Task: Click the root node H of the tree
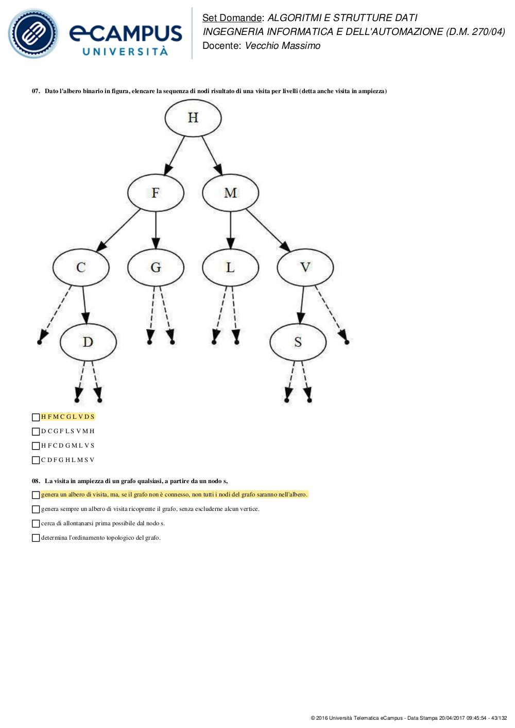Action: click(x=193, y=118)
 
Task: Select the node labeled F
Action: click(x=156, y=193)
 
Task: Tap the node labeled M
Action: click(x=230, y=193)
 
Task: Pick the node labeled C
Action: click(x=81, y=268)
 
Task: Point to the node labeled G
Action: click(x=156, y=268)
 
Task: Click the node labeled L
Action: click(x=230, y=268)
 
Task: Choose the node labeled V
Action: click(x=305, y=268)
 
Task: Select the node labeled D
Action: click(x=88, y=342)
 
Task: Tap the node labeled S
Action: click(x=298, y=342)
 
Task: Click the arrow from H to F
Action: click(x=174, y=156)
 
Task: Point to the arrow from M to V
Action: click(x=268, y=230)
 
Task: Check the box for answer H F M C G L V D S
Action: click(x=36, y=417)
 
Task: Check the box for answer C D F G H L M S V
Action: click(x=36, y=460)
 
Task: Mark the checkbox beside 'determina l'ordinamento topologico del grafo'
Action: click(x=36, y=538)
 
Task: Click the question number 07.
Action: click(x=36, y=91)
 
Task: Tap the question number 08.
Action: click(x=36, y=481)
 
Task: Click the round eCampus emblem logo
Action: click(x=33, y=33)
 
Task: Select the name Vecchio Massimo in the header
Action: click(x=282, y=46)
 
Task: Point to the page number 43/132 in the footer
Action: click(x=499, y=718)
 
